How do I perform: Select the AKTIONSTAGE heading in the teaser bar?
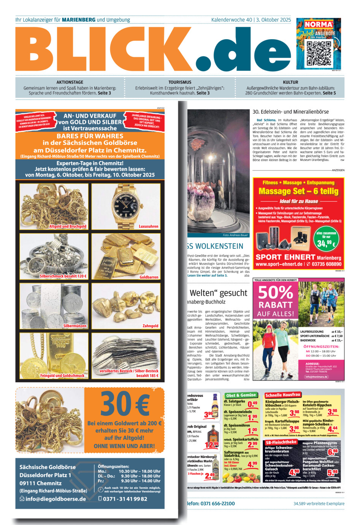(x=70, y=82)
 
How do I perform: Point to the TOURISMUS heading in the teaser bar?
(x=180, y=82)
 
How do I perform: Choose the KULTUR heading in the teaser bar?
(x=290, y=82)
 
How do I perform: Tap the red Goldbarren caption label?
(x=149, y=277)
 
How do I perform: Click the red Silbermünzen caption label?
(x=75, y=326)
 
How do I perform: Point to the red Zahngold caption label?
(x=150, y=326)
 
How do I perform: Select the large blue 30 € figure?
(x=125, y=404)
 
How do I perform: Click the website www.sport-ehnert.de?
(x=279, y=264)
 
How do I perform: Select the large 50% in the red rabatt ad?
(x=276, y=293)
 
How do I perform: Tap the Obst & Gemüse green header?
(x=241, y=395)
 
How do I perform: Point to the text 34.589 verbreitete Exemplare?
(x=319, y=504)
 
